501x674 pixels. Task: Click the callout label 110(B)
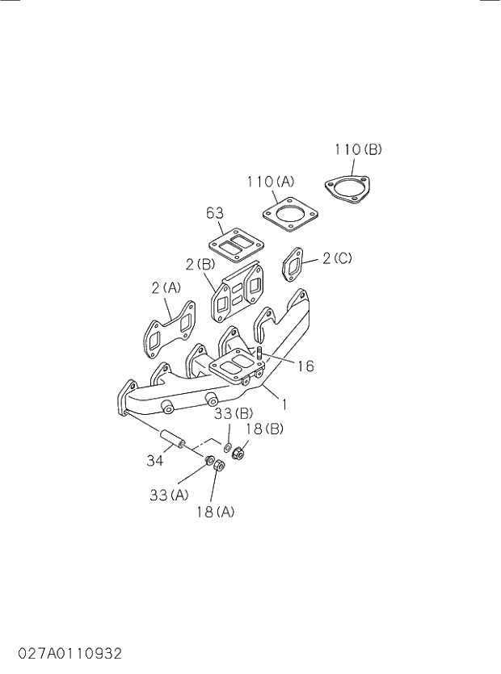click(358, 149)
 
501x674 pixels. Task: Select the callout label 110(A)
click(270, 182)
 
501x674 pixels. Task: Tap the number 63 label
click(214, 213)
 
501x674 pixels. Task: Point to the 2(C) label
click(337, 258)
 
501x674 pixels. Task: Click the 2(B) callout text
click(199, 264)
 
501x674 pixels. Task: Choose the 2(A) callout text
click(166, 287)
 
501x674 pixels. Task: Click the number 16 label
click(305, 366)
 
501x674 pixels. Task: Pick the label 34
click(155, 460)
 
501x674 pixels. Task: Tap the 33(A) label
click(169, 495)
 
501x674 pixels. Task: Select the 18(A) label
click(214, 512)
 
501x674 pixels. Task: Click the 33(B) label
click(234, 415)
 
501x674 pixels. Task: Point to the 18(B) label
click(263, 428)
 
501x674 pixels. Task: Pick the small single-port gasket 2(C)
click(293, 265)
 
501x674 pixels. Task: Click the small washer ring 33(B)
click(229, 446)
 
